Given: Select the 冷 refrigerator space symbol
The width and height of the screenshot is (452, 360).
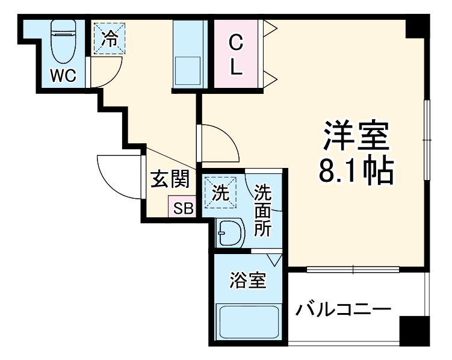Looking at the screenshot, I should pos(109,39).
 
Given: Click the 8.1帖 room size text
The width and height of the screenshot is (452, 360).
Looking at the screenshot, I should pos(356,172).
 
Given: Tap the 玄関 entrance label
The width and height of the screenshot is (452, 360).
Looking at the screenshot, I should pos(170,179).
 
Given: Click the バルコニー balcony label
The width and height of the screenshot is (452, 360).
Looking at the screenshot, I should pos(344,311).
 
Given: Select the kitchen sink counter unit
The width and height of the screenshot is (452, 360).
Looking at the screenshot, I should pos(190,55).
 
